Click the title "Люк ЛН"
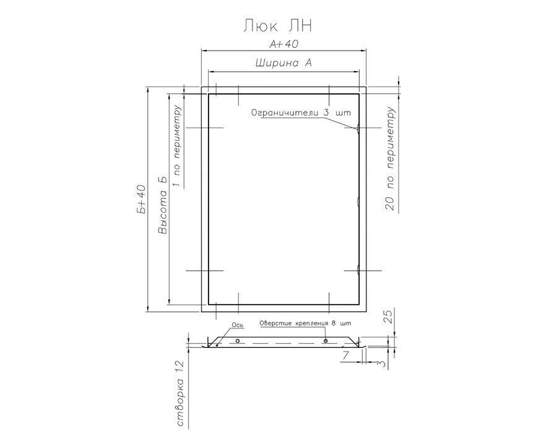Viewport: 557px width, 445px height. point(277,26)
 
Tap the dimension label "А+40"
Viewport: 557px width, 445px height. point(283,44)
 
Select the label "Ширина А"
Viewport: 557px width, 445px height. point(283,63)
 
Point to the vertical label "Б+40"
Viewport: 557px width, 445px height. point(141,199)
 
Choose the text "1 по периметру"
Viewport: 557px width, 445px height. point(176,146)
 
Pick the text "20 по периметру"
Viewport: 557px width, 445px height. point(390,159)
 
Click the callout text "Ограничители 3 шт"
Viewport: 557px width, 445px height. point(301,113)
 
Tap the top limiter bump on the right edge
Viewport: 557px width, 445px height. point(358,128)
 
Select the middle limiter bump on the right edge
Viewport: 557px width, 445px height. point(358,201)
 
